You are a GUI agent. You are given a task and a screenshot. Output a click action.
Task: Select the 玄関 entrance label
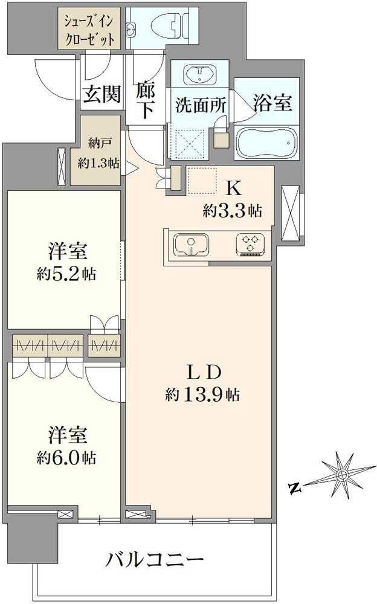click(101, 95)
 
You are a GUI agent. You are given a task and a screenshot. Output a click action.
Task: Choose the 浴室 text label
click(272, 103)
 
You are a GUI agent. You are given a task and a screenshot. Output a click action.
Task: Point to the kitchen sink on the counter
click(191, 245)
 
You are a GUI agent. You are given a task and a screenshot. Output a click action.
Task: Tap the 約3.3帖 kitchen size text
click(233, 211)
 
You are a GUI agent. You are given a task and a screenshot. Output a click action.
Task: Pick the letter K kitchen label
click(233, 188)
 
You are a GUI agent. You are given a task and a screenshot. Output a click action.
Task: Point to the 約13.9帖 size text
click(202, 396)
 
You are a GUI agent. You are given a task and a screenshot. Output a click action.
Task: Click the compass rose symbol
click(341, 475)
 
